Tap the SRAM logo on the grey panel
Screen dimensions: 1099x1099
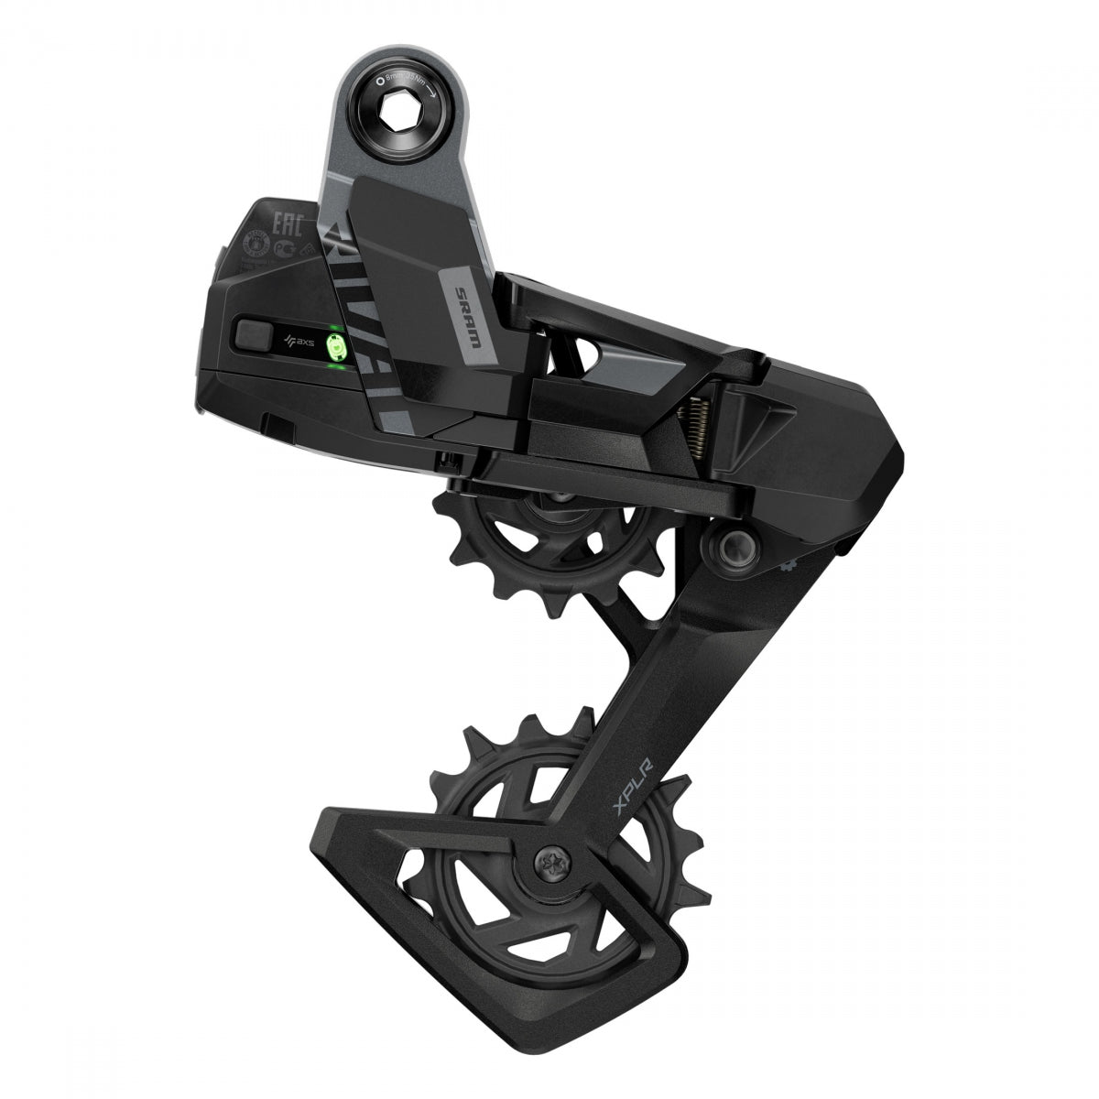[x=463, y=313]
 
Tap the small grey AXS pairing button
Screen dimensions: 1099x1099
[x=253, y=333]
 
